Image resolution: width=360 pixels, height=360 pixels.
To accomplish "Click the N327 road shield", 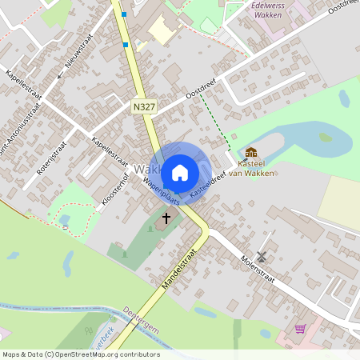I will point(145,106).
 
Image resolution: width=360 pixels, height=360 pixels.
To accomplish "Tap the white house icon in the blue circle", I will point(180,172).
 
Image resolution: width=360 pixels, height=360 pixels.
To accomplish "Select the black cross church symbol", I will point(166,217).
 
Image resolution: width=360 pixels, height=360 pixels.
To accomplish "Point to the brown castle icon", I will point(251,152).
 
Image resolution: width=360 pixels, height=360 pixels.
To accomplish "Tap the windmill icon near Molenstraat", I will point(260,256).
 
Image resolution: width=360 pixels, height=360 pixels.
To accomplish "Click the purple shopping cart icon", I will point(300,328).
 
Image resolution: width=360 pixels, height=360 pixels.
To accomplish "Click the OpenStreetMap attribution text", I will point(80,354).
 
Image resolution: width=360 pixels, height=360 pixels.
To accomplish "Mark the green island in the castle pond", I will point(326,138).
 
